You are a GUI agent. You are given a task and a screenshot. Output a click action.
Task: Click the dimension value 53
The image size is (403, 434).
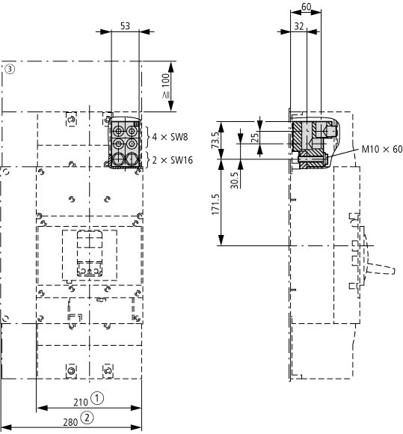125,25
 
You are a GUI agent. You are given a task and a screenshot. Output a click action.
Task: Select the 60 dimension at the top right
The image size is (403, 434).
307,7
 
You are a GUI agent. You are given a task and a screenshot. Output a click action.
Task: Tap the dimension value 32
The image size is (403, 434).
299,26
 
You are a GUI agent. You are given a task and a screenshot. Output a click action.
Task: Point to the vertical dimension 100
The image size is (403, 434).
165,80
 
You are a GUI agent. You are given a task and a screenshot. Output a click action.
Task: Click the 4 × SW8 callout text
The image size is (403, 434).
170,137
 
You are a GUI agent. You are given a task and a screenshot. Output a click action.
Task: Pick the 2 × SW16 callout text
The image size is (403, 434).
173,160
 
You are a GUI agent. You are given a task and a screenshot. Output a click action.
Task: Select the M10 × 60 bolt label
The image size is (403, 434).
382,149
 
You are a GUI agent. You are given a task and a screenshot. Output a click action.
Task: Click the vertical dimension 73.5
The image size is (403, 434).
216,140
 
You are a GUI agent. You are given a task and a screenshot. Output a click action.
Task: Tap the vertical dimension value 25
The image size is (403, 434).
256,138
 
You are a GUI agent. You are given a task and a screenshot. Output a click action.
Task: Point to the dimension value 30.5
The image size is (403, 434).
234,180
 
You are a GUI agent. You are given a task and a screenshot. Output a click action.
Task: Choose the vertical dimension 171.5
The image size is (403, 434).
216,204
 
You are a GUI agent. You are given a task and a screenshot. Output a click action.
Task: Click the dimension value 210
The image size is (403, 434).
81,402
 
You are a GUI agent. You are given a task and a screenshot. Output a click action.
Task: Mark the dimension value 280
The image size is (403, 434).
70,422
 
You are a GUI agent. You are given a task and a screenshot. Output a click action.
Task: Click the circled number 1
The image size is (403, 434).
97,398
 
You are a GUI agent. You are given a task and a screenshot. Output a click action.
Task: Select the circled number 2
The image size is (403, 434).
87,418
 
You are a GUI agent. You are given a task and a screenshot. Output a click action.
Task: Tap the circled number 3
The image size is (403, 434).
10,69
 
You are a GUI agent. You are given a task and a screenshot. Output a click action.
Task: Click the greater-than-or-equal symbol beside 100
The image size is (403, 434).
166,95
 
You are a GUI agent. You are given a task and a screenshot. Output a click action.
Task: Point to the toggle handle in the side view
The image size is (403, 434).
381,269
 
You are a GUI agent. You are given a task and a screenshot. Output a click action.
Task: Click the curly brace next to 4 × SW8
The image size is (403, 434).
148,137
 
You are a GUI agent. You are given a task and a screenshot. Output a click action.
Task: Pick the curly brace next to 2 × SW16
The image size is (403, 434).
148,160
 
